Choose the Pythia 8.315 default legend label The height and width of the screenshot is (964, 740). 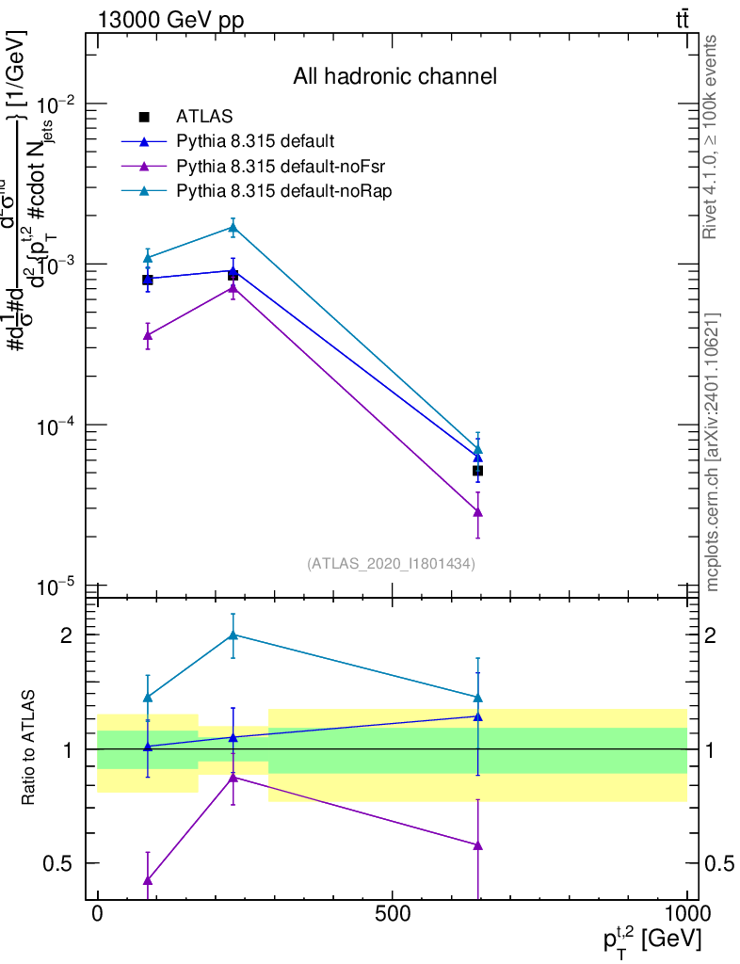point(255,142)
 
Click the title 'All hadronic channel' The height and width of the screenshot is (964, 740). point(394,76)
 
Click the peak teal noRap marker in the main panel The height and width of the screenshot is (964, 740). point(233,227)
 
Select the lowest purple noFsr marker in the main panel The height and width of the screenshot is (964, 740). point(478,512)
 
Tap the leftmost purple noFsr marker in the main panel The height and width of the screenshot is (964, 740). point(147,334)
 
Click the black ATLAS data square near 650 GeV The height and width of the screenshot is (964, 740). point(478,470)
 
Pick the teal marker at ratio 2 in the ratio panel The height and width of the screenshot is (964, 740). point(233,635)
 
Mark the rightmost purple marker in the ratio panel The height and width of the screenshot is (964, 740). point(478,845)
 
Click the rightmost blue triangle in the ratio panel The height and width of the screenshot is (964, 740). point(478,716)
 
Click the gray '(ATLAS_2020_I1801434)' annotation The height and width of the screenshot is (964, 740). point(391,564)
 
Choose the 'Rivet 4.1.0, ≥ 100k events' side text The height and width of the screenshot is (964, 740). point(711,137)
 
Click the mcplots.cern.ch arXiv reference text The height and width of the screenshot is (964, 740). point(713,452)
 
